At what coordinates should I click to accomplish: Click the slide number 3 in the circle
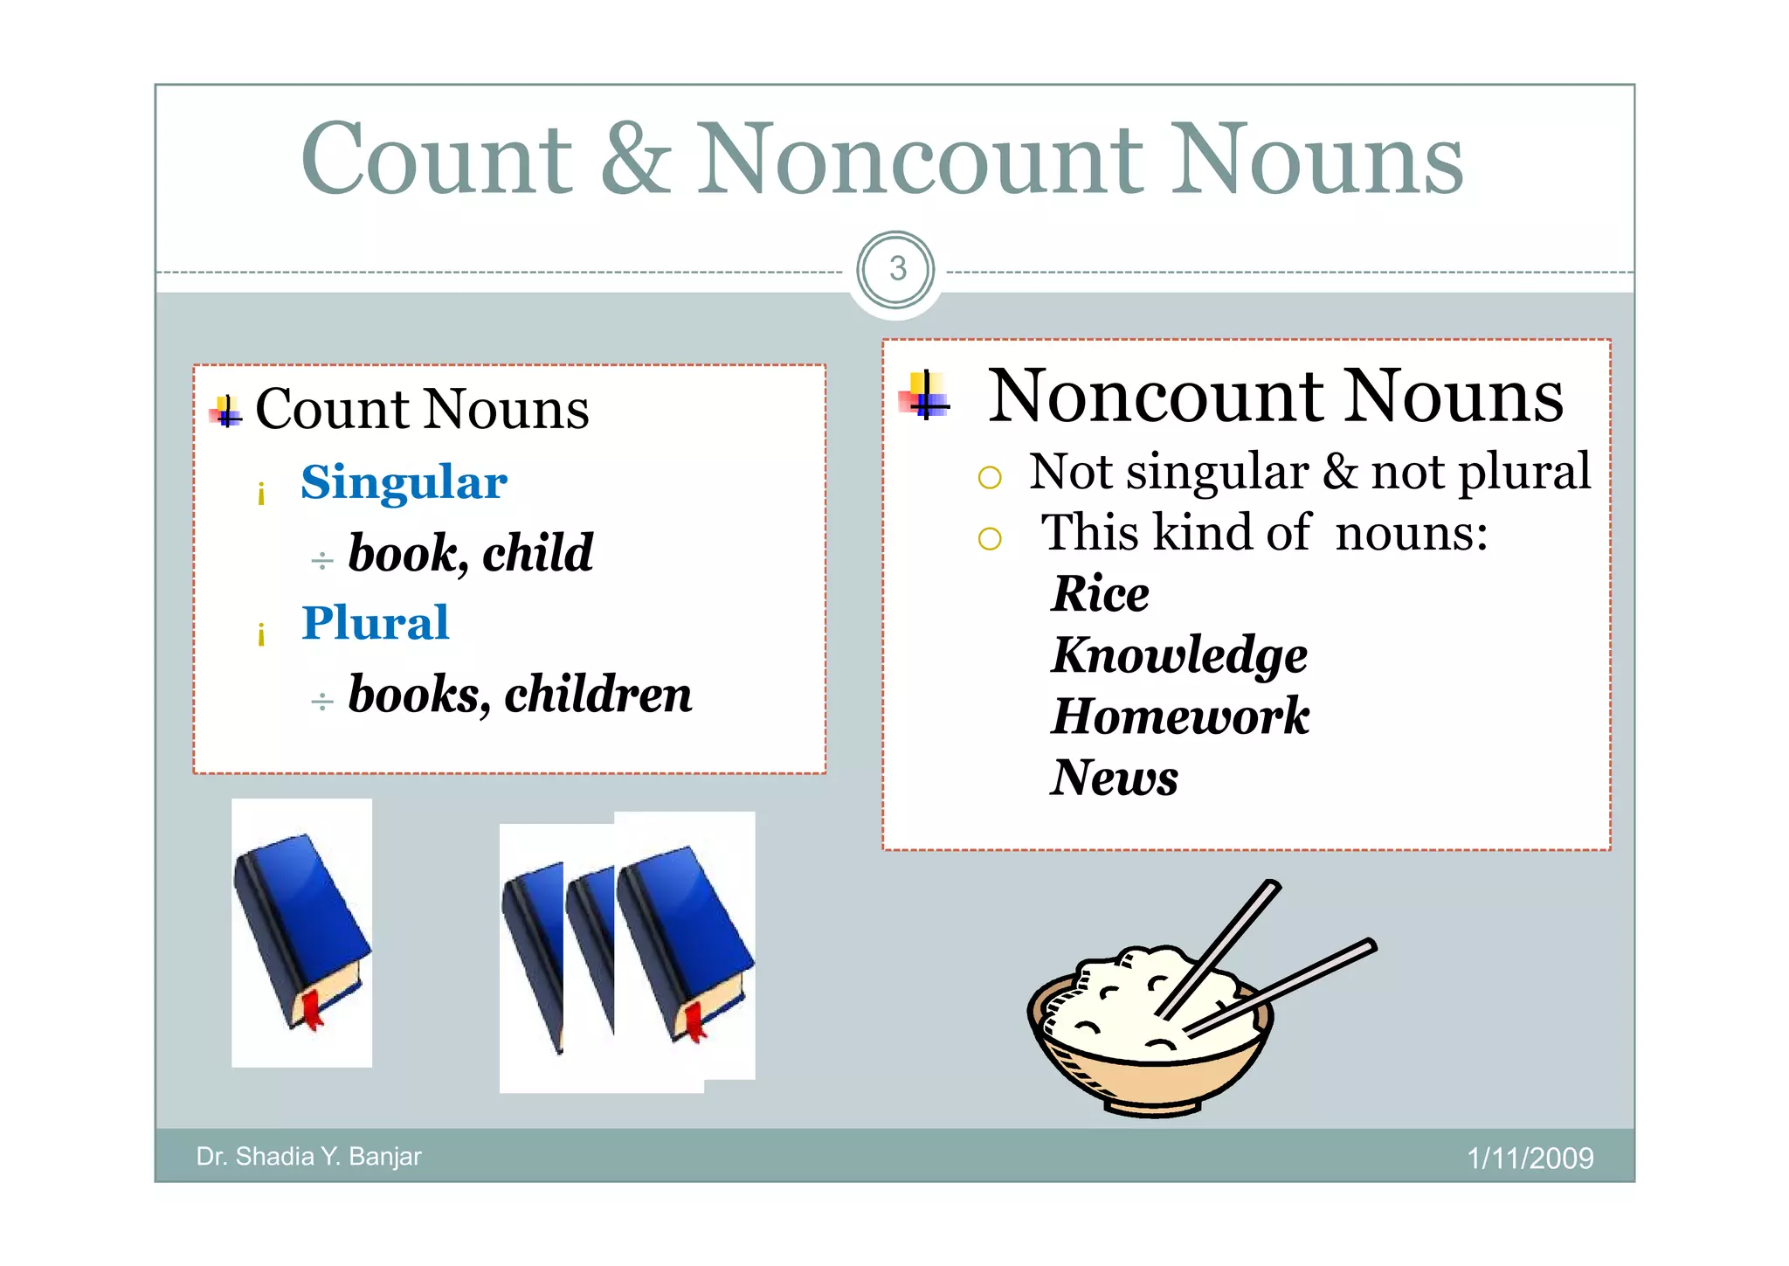click(897, 269)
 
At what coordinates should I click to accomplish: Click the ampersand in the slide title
click(637, 159)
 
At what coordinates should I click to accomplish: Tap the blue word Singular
click(404, 482)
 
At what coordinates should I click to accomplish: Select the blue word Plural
click(375, 623)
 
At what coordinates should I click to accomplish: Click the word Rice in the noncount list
click(1101, 594)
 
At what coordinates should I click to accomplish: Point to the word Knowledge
click(1179, 656)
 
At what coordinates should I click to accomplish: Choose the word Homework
click(1180, 716)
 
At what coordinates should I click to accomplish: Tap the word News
click(1115, 778)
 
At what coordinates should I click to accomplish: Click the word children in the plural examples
click(598, 695)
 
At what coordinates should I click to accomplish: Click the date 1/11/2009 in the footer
click(1530, 1159)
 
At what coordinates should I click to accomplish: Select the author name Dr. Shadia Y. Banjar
click(308, 1157)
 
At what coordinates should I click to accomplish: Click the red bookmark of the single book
click(310, 1009)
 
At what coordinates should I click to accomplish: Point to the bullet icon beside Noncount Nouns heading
click(925, 397)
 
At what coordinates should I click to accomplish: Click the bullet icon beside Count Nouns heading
click(226, 412)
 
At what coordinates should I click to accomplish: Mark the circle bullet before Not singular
click(989, 477)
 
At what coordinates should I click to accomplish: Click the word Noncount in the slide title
click(919, 159)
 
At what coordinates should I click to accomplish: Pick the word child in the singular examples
click(538, 553)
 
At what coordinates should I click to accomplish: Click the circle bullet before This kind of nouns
click(989, 538)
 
